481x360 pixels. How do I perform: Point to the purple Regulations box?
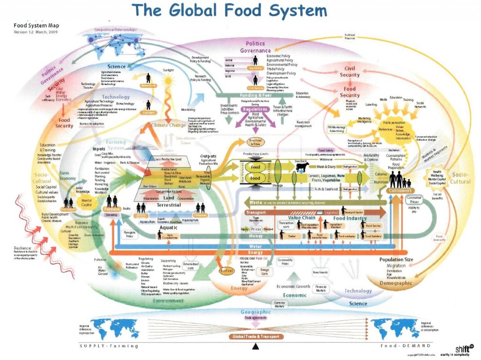coord(255,109)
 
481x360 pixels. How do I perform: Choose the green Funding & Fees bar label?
coord(241,95)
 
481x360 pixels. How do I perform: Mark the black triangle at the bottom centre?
coord(255,347)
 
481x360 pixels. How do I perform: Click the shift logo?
coord(462,348)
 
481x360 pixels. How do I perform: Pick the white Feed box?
coord(255,167)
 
